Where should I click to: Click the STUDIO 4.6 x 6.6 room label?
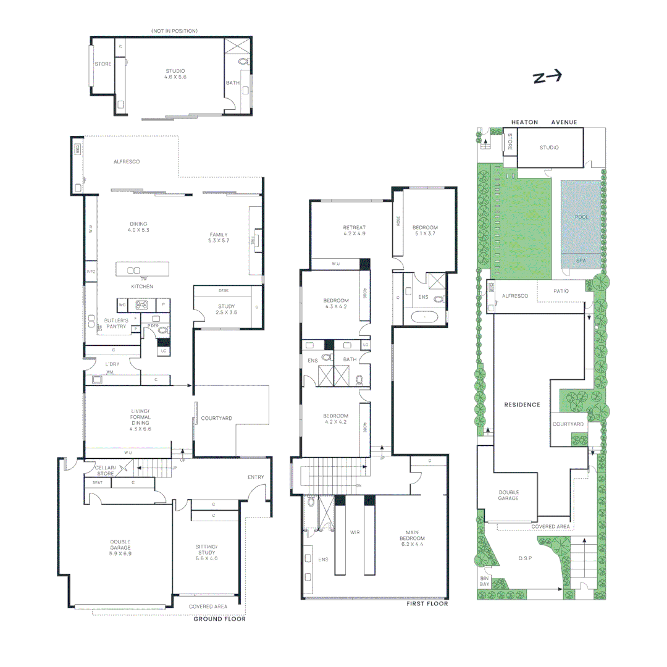pyautogui.click(x=175, y=74)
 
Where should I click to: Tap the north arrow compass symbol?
pyautogui.click(x=548, y=77)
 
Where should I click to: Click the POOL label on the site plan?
pyautogui.click(x=582, y=217)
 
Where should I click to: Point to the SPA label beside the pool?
pyautogui.click(x=582, y=261)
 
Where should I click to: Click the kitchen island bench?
pyautogui.click(x=143, y=269)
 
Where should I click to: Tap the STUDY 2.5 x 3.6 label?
pyautogui.click(x=227, y=309)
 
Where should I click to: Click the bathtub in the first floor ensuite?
pyautogui.click(x=424, y=319)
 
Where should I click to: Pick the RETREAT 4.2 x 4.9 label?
pyautogui.click(x=354, y=230)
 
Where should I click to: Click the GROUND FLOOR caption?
pyautogui.click(x=219, y=618)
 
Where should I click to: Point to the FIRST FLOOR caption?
pyautogui.click(x=427, y=603)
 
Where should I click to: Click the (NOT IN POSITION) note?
pyautogui.click(x=175, y=31)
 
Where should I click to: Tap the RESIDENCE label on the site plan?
pyautogui.click(x=522, y=405)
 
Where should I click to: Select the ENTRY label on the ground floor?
pyautogui.click(x=256, y=477)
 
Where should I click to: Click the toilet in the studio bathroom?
pyautogui.click(x=243, y=62)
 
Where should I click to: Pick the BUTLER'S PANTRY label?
pyautogui.click(x=116, y=323)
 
